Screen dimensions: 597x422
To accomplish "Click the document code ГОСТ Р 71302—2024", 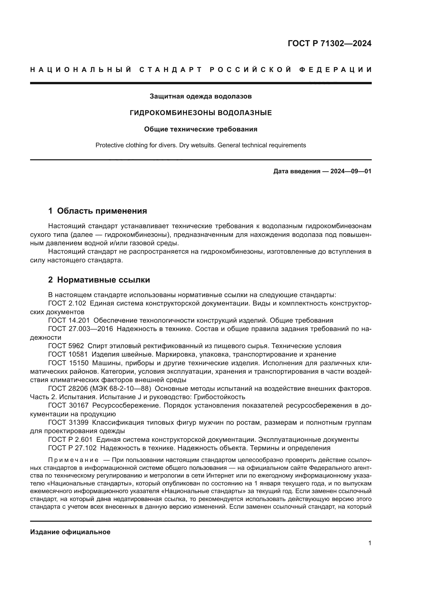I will point(329,43).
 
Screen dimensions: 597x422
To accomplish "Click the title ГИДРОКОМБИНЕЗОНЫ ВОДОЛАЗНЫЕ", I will point(201,113).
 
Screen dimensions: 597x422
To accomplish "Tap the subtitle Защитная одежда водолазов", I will point(201,96).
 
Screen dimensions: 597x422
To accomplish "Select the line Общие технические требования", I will point(201,129).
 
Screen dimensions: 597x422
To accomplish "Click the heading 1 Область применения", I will point(98,211).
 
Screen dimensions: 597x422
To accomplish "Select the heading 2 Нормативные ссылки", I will point(99,280).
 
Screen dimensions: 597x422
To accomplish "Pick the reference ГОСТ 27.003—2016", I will point(81,329).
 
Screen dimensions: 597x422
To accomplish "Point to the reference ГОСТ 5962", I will point(66,346).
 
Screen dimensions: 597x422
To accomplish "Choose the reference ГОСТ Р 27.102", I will point(72,448).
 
